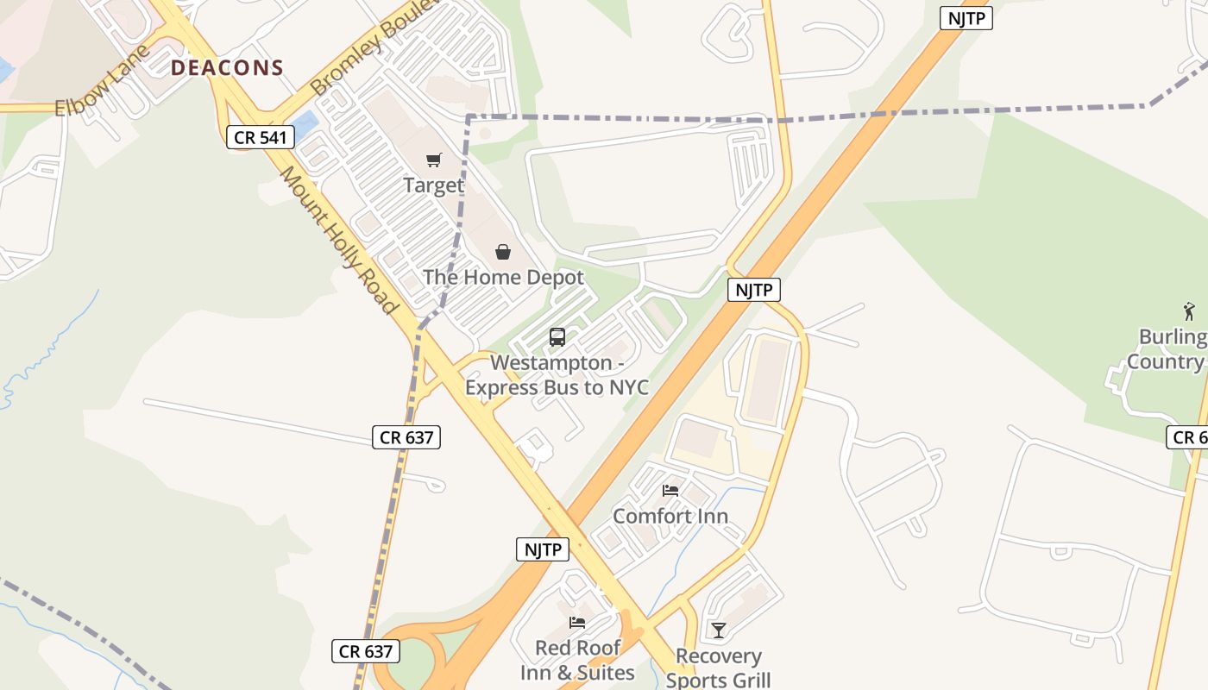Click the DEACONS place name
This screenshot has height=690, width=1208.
pos(227,68)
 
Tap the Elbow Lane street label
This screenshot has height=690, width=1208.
pos(101,80)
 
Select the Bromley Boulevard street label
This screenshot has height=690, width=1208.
pos(375,47)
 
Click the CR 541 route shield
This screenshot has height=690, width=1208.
pos(261,136)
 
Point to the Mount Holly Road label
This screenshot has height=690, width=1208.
pos(340,241)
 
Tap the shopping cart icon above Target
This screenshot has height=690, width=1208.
pos(434,160)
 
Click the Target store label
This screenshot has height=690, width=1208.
pos(434,185)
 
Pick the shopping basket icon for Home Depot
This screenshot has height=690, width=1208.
pos(503,252)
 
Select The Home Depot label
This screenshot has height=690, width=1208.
pos(503,277)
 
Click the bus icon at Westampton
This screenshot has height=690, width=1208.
pos(557,337)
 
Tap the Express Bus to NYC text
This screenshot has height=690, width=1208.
pos(557,386)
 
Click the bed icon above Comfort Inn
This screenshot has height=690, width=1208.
pos(670,491)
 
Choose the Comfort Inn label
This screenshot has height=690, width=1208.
pos(670,516)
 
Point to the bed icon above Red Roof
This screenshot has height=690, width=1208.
pos(577,623)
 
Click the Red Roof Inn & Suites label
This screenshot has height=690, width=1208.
pos(577,660)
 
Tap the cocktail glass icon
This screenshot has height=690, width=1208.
pos(718,630)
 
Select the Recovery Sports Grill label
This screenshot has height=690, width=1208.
pos(718,668)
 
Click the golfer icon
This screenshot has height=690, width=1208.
pos(1190,311)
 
